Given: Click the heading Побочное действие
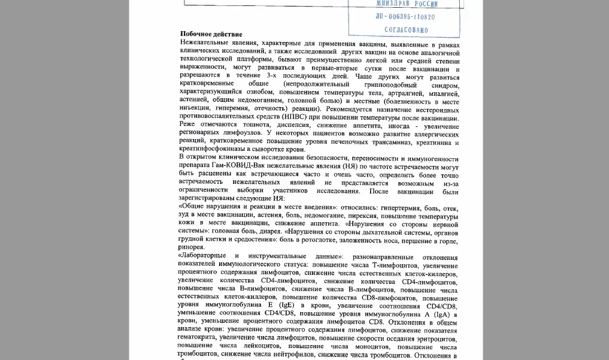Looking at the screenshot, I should pos(211,35).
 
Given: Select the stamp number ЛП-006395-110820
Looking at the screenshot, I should pos(405,17).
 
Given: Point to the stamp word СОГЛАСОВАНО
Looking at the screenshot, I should pos(406,29).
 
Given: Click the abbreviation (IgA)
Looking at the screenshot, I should pos(435,314).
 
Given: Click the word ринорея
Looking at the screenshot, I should pos(191,247).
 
